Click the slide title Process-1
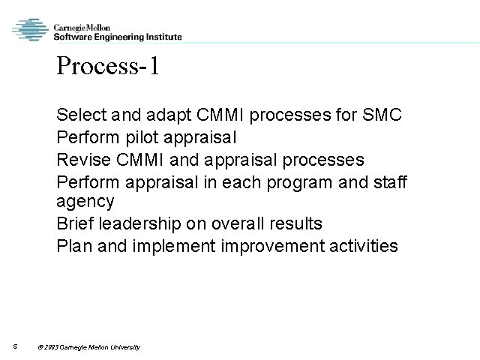pos(107,67)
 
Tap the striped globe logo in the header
pos(30,31)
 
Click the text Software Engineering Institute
pos(117,37)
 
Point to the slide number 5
pos(15,346)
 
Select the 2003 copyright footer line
pos(88,346)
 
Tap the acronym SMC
pos(382,116)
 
